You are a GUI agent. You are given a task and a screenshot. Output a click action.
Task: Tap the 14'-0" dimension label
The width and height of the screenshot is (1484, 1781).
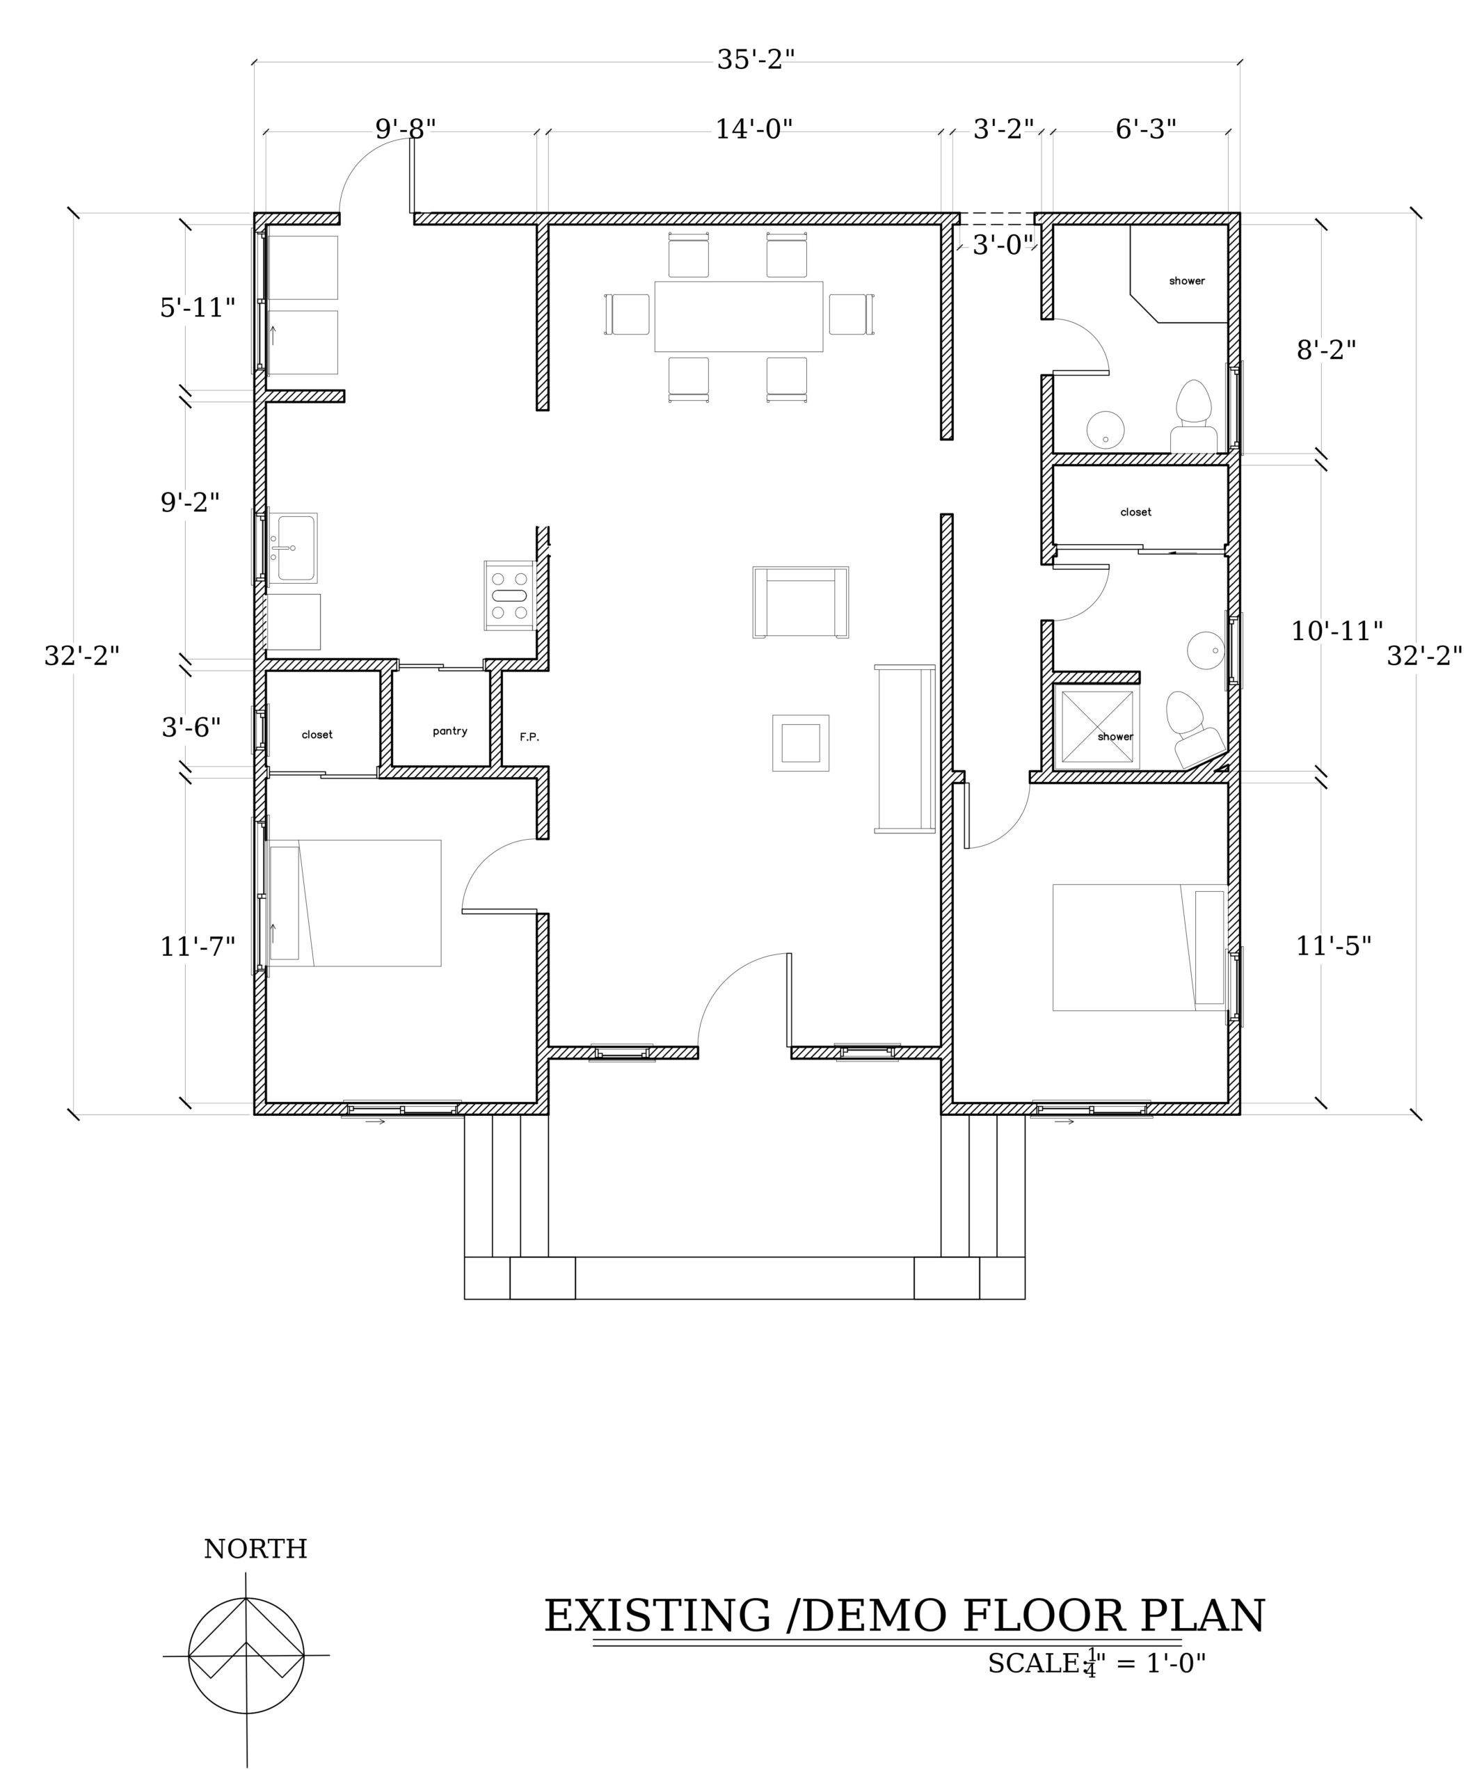(753, 130)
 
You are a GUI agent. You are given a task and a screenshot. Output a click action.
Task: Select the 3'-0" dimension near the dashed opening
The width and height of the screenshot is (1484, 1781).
(1003, 245)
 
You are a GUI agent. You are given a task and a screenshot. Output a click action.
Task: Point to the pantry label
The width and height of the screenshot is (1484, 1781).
(449, 731)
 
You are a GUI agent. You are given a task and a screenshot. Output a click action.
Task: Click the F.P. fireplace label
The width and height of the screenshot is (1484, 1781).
(529, 737)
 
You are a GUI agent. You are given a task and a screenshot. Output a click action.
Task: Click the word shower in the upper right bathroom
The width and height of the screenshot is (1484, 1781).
(1186, 281)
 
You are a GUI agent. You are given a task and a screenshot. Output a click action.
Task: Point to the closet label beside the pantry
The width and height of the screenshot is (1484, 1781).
(317, 735)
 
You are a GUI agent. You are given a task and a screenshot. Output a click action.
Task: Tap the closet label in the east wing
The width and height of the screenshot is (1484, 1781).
(1135, 512)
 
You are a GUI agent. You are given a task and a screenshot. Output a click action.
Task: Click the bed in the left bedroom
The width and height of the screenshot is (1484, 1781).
(354, 903)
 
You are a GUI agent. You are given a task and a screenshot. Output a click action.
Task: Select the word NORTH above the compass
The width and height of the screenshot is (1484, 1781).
(255, 1549)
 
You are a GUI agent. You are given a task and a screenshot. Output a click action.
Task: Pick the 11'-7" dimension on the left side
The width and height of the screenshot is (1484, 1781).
(198, 946)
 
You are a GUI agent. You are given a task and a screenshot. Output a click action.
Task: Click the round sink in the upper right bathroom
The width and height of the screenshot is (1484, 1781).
(1105, 430)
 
